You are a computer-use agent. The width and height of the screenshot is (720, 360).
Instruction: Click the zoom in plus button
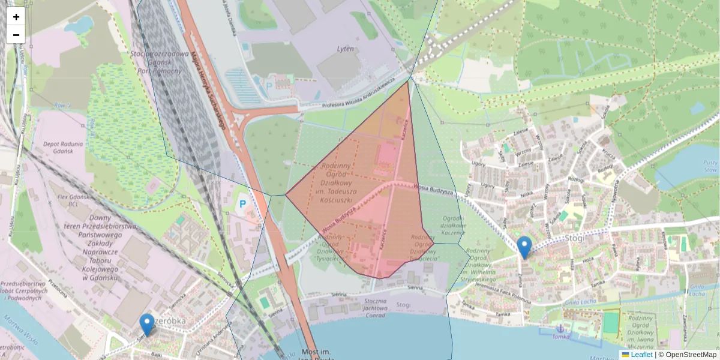click(16, 17)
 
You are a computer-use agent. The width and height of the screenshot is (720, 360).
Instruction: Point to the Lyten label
click(345, 49)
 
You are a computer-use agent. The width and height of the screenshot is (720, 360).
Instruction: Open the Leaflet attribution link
click(641, 355)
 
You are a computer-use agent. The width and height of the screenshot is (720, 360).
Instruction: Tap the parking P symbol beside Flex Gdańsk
click(243, 204)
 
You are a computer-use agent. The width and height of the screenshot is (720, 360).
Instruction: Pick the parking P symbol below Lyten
click(269, 86)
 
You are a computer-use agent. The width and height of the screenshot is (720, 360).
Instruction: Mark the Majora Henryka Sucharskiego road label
click(207, 90)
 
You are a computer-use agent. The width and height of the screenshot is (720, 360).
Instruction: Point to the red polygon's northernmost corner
click(408, 82)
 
